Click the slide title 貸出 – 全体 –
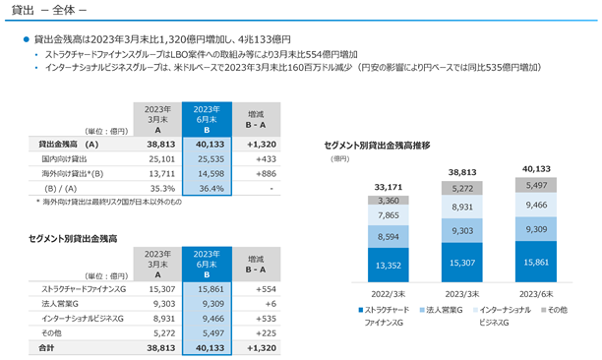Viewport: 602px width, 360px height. point(49,10)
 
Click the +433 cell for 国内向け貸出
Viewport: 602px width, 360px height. point(266,159)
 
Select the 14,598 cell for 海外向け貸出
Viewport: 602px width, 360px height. point(211,173)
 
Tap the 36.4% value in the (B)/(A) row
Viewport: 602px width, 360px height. point(211,189)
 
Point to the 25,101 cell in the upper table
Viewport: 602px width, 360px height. point(161,159)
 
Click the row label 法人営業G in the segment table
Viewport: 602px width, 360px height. point(60,304)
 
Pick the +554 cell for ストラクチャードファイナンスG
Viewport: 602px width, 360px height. point(266,289)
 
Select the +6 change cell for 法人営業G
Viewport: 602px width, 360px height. point(271,304)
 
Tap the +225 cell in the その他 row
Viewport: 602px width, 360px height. point(266,333)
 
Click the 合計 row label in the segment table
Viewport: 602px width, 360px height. point(46,348)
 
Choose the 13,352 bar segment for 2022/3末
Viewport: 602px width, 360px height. point(389,266)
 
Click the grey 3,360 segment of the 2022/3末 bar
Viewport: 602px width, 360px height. point(389,201)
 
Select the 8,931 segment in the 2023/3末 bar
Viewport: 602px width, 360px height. point(462,207)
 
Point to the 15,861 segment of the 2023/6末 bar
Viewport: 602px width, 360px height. point(536,262)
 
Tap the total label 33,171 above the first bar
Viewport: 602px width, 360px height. point(389,187)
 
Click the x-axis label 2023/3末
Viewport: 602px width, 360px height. point(462,294)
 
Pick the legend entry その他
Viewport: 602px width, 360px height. point(554,310)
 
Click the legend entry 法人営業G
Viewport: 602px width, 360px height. point(441,310)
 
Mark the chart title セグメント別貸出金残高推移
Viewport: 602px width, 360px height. point(377,146)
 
